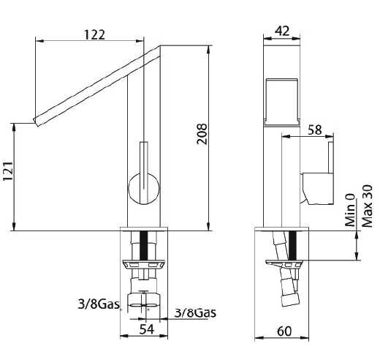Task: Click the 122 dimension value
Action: tap(94, 34)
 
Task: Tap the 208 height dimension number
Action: tap(202, 134)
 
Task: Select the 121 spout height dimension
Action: tap(8, 171)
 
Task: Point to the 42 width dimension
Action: tap(282, 31)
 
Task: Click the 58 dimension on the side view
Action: tap(315, 130)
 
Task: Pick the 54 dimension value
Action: tap(147, 329)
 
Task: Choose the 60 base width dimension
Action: tap(284, 331)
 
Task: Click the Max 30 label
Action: tap(367, 206)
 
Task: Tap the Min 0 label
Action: tap(350, 210)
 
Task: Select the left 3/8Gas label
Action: tap(99, 304)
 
